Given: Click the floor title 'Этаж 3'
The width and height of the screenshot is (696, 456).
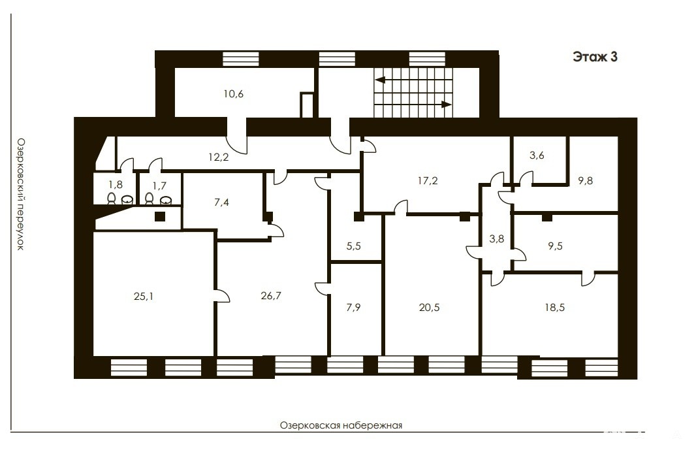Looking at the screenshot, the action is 595,57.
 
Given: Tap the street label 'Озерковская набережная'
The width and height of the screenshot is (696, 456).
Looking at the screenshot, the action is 341,425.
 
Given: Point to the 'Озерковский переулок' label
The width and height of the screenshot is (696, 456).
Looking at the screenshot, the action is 20,194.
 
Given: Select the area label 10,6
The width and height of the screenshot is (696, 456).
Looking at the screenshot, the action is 234,94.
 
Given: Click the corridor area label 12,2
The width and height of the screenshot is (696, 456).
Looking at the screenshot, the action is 218,157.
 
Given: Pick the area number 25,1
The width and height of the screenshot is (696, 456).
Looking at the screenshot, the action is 144,296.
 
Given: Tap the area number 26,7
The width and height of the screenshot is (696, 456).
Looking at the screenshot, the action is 271,296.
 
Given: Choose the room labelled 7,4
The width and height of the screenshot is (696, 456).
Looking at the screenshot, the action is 221,203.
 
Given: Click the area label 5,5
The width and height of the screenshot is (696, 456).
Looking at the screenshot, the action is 353,246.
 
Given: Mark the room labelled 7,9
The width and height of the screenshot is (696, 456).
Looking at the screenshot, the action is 353,307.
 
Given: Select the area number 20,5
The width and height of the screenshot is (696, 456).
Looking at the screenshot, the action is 429,307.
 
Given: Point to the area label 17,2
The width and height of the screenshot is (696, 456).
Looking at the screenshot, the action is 428,181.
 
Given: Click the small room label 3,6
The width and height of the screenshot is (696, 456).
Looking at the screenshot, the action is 537,155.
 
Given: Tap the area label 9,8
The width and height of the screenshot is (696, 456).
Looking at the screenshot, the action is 586,181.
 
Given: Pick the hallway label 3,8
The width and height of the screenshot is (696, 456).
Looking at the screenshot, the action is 497,239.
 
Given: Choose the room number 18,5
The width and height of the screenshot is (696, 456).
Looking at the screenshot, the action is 555,307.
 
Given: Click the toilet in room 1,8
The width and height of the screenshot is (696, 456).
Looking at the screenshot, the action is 112,198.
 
